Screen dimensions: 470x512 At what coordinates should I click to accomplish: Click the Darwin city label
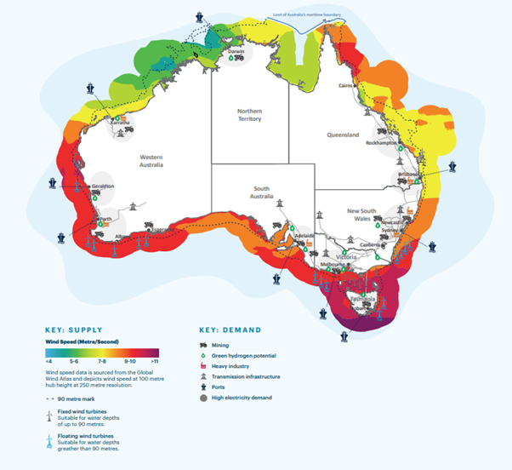(x=237, y=51)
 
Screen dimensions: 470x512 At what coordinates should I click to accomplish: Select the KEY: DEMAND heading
(x=230, y=329)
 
